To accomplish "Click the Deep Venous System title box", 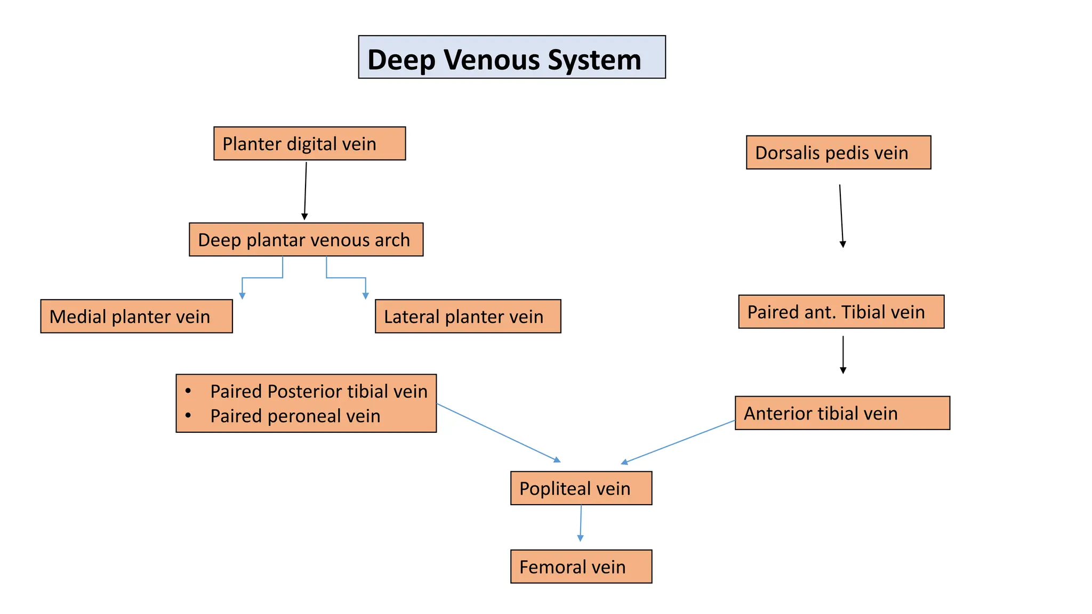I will click(511, 58).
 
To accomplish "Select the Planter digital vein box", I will click(309, 143).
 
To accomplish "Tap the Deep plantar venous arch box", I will click(306, 240).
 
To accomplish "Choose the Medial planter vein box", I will click(136, 317).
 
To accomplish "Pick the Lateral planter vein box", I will click(468, 317).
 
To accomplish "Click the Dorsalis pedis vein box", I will click(838, 152).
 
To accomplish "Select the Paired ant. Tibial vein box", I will click(841, 312).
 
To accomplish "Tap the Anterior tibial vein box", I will click(842, 413).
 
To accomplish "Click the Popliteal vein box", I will click(581, 488).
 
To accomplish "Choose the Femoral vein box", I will click(581, 567).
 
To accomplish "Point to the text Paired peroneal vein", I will click(295, 416).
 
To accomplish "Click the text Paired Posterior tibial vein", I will click(318, 392).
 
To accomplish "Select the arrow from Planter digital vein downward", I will click(306, 191).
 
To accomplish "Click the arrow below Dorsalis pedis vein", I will click(841, 216).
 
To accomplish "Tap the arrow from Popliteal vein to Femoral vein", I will click(581, 523).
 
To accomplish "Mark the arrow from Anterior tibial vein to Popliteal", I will click(678, 442).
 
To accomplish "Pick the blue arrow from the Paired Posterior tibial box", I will click(499, 433).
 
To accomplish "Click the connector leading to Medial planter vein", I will click(261, 278).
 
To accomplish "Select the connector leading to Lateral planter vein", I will click(347, 278).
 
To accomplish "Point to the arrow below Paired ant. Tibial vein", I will click(843, 354).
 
